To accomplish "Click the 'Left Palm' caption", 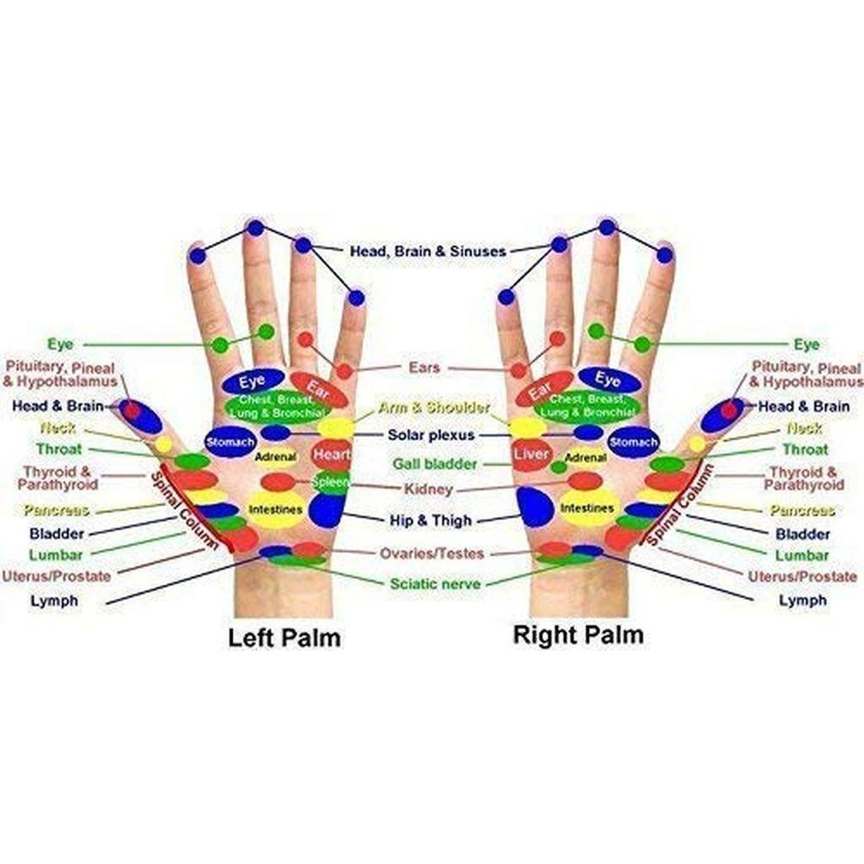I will coord(284,637).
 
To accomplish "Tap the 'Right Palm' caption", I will coord(578,634).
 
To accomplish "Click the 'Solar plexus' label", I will coord(431,435).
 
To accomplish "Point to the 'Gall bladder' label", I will coord(435,464).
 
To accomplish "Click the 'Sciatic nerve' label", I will coord(435,584).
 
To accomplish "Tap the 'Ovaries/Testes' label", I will coord(432,553).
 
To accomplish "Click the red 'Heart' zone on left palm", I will coord(331,455).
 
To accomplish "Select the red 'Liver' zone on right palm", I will coord(532,455).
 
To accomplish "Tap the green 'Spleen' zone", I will coord(330,482).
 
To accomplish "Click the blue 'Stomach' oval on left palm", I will coord(230,441).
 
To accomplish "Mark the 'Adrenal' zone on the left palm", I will coord(275,457).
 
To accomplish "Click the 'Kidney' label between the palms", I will coord(429,489).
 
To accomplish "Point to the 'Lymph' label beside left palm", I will coord(54,601).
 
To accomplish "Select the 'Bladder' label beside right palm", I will coord(802,534).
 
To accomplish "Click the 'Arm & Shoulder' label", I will coord(434,408).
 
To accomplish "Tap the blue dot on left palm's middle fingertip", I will coord(255,228).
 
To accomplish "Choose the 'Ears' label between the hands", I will coord(424,368).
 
